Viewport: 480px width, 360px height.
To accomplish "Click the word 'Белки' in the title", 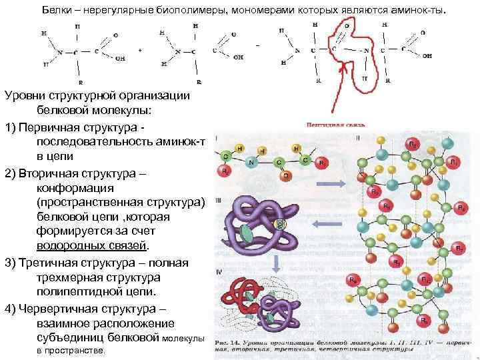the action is click(67, 11).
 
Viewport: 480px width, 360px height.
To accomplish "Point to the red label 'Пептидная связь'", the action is click(333, 124).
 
